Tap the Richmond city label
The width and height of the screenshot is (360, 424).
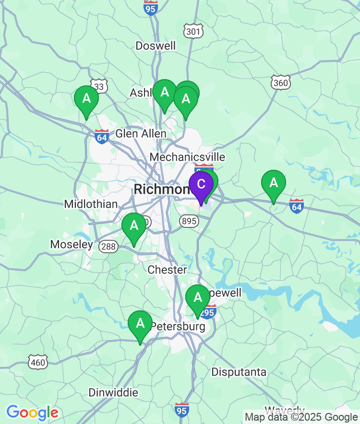click(x=161, y=189)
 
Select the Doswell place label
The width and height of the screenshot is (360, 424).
click(x=156, y=46)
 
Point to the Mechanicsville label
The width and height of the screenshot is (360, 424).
click(x=187, y=157)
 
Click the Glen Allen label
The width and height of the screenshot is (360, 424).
click(x=141, y=133)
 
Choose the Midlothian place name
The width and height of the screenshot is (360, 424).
click(x=91, y=204)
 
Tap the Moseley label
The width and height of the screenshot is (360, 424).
click(x=72, y=245)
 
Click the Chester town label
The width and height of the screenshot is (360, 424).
click(x=167, y=270)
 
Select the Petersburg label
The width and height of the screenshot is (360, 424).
click(x=178, y=327)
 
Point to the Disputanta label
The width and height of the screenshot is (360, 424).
click(x=239, y=372)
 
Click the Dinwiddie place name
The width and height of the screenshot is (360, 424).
click(x=113, y=392)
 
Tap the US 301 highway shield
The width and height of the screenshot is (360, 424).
click(x=193, y=32)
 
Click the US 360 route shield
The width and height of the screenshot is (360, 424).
click(x=280, y=82)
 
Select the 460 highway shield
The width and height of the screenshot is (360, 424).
click(x=38, y=362)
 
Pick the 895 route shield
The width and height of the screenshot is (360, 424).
click(x=189, y=221)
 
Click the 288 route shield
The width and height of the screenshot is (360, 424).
click(x=108, y=247)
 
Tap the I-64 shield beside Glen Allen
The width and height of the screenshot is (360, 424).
click(x=102, y=136)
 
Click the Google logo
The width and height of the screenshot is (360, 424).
click(x=32, y=412)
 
